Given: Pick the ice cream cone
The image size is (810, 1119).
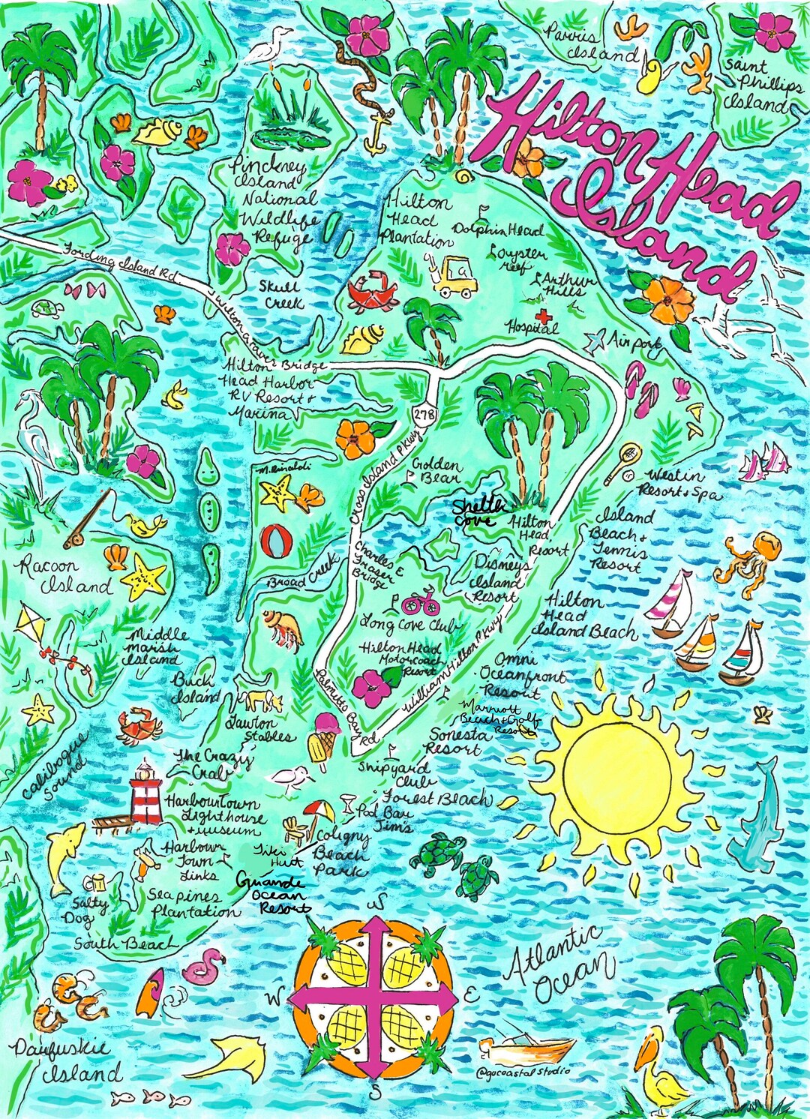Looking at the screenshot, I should (x=321, y=739).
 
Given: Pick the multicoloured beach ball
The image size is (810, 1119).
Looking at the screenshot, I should (x=277, y=541).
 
